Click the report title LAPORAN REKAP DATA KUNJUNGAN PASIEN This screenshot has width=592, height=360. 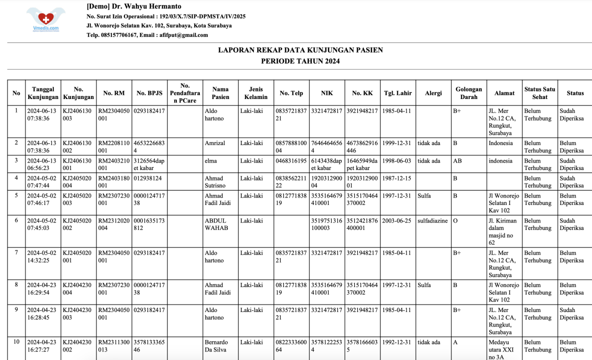coord(300,50)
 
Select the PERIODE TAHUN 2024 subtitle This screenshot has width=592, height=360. coord(300,61)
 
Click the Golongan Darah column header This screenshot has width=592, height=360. coord(469,93)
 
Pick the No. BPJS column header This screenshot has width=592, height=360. coord(149,93)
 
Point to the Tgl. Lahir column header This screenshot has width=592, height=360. coord(398,93)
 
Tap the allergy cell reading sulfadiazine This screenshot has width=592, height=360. coord(433,220)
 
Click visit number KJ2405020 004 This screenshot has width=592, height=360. coord(77,181)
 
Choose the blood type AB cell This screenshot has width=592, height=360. coord(457,161)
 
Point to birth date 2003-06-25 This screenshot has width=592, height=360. coord(397,220)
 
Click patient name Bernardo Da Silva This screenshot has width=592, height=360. coord(216,346)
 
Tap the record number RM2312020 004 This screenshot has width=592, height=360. coord(114,224)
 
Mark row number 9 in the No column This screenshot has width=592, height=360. coord(16,309)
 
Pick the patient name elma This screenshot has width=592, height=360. coord(210,161)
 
